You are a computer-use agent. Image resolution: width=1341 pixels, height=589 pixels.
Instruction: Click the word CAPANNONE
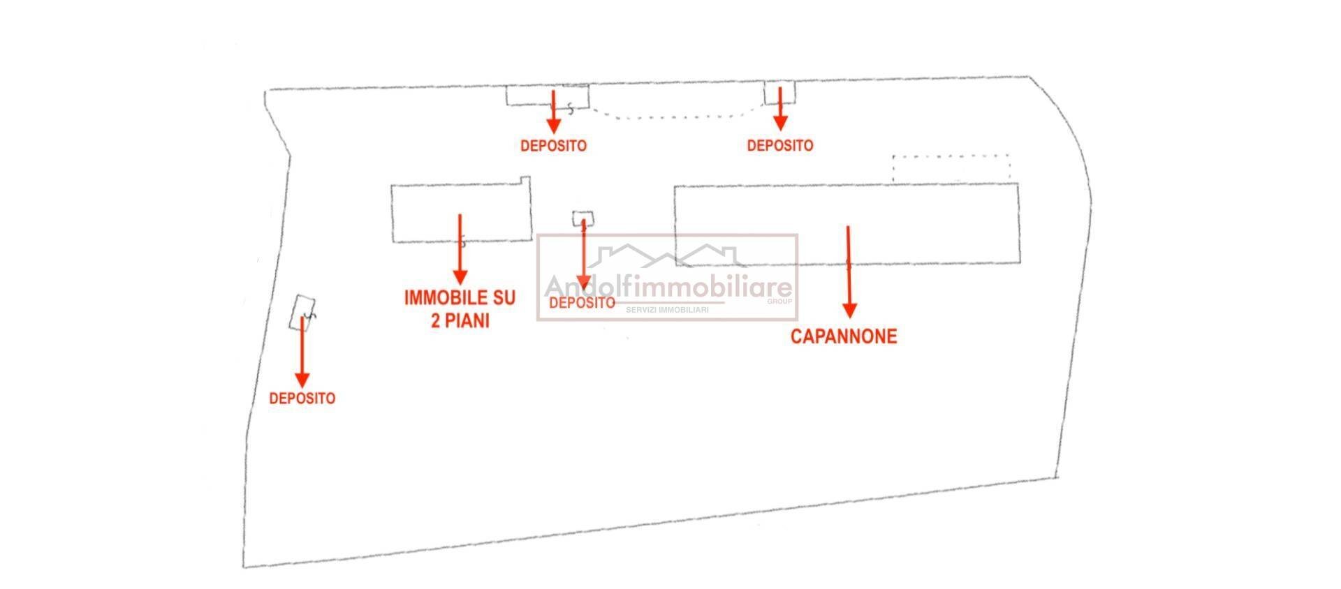tap(843, 336)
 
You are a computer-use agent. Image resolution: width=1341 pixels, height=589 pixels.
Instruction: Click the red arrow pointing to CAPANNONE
tap(849, 272)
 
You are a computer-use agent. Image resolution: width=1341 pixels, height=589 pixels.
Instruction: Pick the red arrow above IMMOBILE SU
tap(460, 248)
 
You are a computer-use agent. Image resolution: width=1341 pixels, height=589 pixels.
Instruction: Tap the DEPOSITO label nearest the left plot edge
tap(302, 398)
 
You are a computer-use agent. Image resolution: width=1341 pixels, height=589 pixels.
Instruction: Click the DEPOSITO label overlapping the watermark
tap(582, 303)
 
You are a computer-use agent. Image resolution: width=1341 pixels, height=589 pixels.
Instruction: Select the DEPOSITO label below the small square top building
tap(779, 146)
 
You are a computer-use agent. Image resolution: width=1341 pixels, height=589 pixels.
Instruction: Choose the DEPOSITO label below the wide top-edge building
tap(553, 146)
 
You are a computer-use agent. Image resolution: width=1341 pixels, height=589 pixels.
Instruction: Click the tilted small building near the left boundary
tap(302, 311)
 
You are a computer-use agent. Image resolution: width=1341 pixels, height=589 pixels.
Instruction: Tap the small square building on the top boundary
tap(779, 92)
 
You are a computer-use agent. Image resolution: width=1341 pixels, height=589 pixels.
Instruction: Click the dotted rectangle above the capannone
tap(951, 168)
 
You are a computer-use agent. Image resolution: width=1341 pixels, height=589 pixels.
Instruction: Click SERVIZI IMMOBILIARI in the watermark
tap(666, 309)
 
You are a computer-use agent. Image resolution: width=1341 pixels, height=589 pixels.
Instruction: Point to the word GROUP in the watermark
tap(779, 301)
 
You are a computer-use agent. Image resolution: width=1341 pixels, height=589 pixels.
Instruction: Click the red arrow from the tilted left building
tap(302, 352)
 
